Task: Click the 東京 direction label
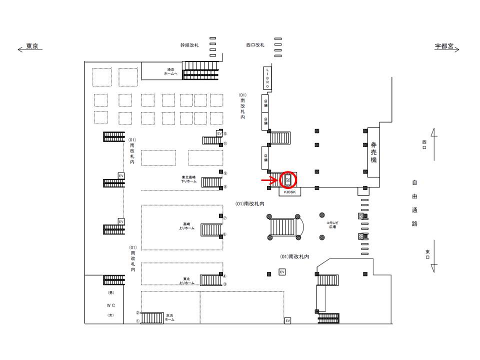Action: [32, 46]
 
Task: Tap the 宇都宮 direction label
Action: [444, 46]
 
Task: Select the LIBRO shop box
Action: [267, 78]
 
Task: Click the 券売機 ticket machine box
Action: [373, 152]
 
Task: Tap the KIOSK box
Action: [290, 192]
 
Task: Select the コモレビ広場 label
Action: [331, 224]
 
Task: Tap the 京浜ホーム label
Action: [170, 317]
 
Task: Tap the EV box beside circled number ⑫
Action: [219, 133]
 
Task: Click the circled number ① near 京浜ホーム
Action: [137, 321]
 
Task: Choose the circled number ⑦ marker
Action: [225, 218]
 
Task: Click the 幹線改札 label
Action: [189, 45]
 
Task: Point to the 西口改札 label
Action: [254, 45]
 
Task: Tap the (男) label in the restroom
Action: [110, 292]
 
